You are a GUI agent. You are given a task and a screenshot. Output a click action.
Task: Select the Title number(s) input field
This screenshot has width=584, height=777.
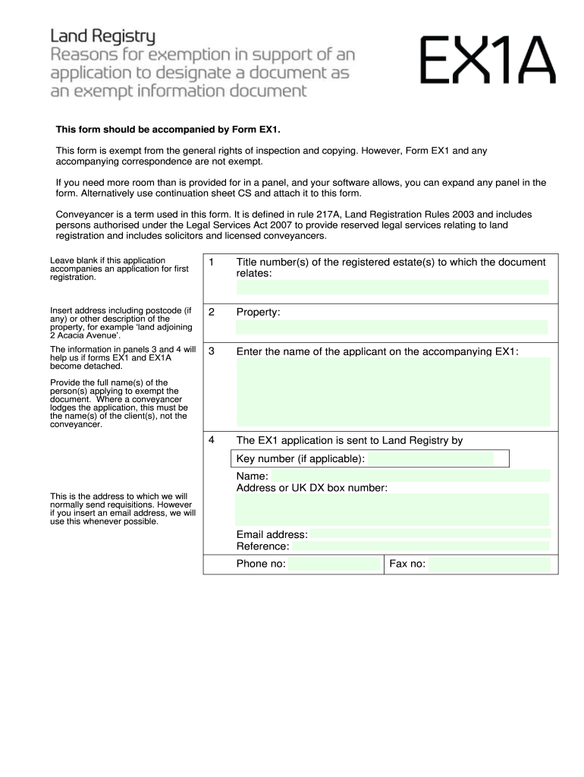392,287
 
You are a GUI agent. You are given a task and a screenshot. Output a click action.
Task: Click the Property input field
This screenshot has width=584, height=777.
392,327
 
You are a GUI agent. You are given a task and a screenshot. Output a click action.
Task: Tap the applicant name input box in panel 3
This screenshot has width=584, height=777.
392,392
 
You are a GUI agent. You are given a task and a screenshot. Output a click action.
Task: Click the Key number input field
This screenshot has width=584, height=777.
430,459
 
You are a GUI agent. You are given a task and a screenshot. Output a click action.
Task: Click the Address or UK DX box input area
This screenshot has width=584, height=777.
392,509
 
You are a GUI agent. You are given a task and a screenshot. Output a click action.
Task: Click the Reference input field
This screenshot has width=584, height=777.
420,546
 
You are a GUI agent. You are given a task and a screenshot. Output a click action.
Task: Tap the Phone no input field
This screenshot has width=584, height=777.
334,564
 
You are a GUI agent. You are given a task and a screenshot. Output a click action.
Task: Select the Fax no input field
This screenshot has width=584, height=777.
488,564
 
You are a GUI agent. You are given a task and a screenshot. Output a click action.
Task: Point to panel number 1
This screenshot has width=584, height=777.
212,263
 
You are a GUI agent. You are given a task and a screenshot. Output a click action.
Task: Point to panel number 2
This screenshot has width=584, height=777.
212,312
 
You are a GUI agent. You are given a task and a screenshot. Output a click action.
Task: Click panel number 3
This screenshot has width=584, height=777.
212,351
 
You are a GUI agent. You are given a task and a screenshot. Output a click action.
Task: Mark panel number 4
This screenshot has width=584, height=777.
212,440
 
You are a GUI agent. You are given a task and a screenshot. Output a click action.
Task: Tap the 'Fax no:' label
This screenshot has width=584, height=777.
407,564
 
